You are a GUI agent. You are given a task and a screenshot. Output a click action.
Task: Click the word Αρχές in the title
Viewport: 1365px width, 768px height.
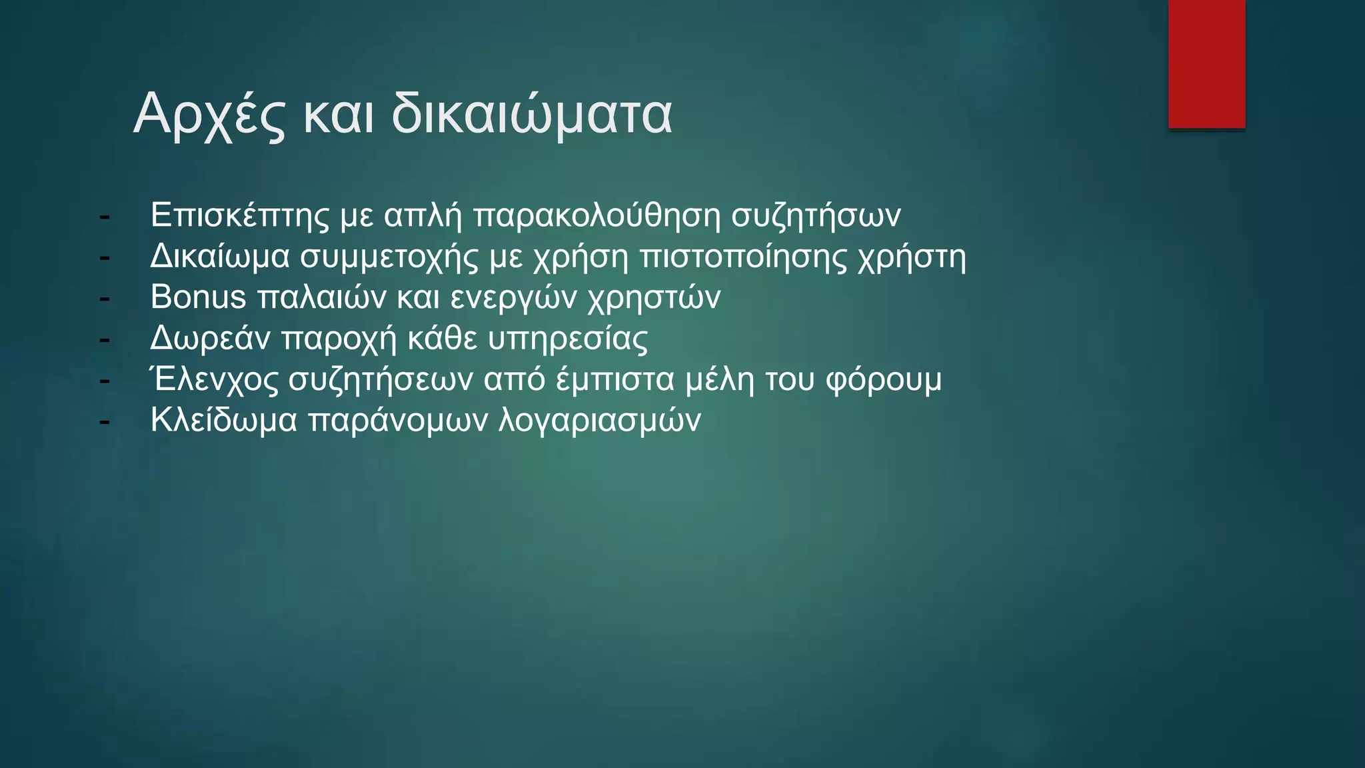coord(209,115)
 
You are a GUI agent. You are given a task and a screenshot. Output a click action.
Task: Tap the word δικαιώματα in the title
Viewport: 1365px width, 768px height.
coord(531,115)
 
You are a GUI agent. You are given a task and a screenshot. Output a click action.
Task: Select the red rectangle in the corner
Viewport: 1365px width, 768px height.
coord(1206,64)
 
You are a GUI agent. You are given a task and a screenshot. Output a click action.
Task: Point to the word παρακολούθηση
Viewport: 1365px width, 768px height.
coord(597,215)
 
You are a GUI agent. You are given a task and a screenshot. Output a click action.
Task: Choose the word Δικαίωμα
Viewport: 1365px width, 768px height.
coord(220,257)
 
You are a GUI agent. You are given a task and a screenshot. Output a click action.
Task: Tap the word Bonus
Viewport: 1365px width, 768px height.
coord(198,297)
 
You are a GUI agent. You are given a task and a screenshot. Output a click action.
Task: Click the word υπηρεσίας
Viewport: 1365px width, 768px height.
coord(567,339)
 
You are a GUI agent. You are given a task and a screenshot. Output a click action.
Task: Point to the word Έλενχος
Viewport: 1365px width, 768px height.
coord(215,380)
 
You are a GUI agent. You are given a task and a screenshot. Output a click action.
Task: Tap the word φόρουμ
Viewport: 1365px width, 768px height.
coord(883,380)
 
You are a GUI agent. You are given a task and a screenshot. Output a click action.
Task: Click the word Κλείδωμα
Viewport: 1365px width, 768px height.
coord(223,421)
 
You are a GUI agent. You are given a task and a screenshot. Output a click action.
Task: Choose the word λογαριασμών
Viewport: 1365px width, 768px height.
coord(599,421)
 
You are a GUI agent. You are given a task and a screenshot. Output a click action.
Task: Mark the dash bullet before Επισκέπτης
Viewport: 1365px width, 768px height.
coord(104,217)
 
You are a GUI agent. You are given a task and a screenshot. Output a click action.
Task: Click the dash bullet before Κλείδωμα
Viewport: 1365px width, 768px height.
coord(104,422)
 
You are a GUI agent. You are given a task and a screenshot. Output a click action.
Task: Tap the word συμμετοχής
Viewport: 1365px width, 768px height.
coord(389,257)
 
